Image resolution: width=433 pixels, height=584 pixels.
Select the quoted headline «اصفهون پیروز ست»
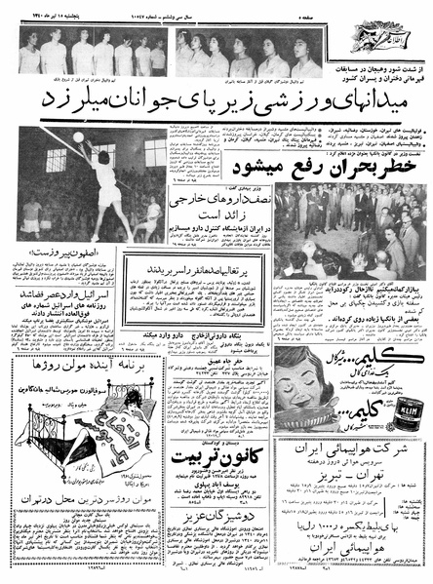click(x=62, y=251)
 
